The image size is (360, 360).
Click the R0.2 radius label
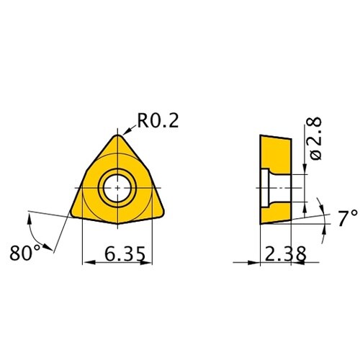pyautogui.click(x=158, y=121)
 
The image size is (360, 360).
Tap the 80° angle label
pyautogui.click(x=25, y=253)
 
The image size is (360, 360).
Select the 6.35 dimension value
pyautogui.click(x=125, y=253)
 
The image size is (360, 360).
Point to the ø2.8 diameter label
pyautogui.click(x=315, y=138)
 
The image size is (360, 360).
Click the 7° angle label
pyautogui.click(x=348, y=218)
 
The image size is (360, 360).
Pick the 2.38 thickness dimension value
pyautogui.click(x=286, y=253)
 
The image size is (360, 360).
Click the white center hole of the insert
pyautogui.click(x=117, y=188)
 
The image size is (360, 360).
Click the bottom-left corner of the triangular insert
pyautogui.click(x=72, y=215)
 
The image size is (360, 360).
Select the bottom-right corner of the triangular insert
pyautogui.click(x=163, y=214)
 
